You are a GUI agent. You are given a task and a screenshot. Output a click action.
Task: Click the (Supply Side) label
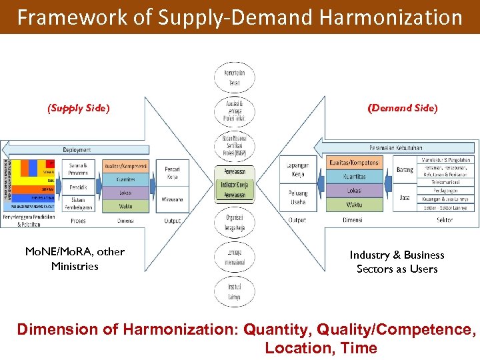[78, 108]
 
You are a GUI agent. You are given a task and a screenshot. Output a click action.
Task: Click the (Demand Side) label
[403, 108]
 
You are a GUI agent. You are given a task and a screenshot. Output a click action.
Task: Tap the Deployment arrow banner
[77, 150]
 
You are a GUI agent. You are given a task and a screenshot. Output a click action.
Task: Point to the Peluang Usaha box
[297, 197]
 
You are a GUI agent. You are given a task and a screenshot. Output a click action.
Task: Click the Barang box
[404, 170]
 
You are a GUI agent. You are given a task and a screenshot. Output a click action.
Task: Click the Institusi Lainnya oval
[234, 291]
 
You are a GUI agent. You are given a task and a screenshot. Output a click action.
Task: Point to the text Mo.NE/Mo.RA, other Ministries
[75, 259]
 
